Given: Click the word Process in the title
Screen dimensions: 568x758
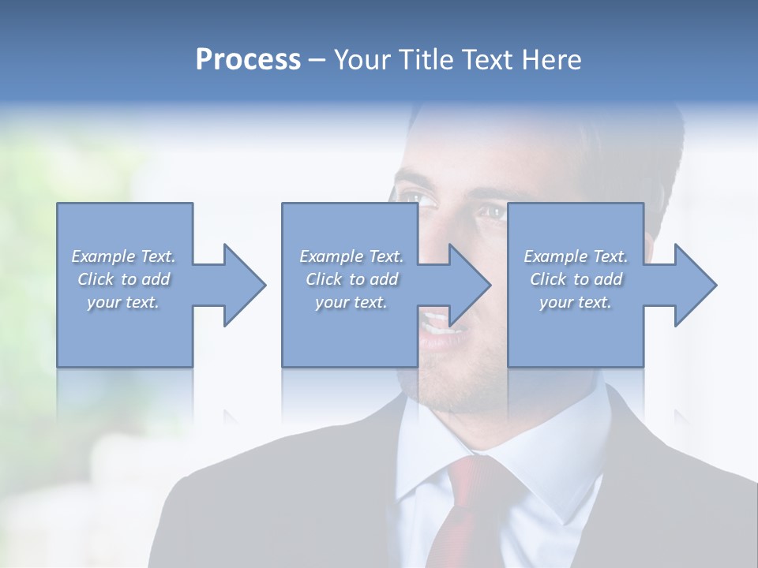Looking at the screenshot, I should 248,60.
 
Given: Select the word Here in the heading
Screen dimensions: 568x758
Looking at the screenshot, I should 552,60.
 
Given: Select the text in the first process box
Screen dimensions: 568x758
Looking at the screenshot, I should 124,279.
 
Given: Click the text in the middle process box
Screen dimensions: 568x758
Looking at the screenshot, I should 351,279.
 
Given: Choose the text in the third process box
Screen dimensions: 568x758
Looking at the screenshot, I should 576,279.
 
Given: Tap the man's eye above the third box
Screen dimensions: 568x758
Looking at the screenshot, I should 491,211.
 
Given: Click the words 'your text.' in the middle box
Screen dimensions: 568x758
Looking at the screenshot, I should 351,302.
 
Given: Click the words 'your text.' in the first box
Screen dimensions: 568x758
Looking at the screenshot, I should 124,302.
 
